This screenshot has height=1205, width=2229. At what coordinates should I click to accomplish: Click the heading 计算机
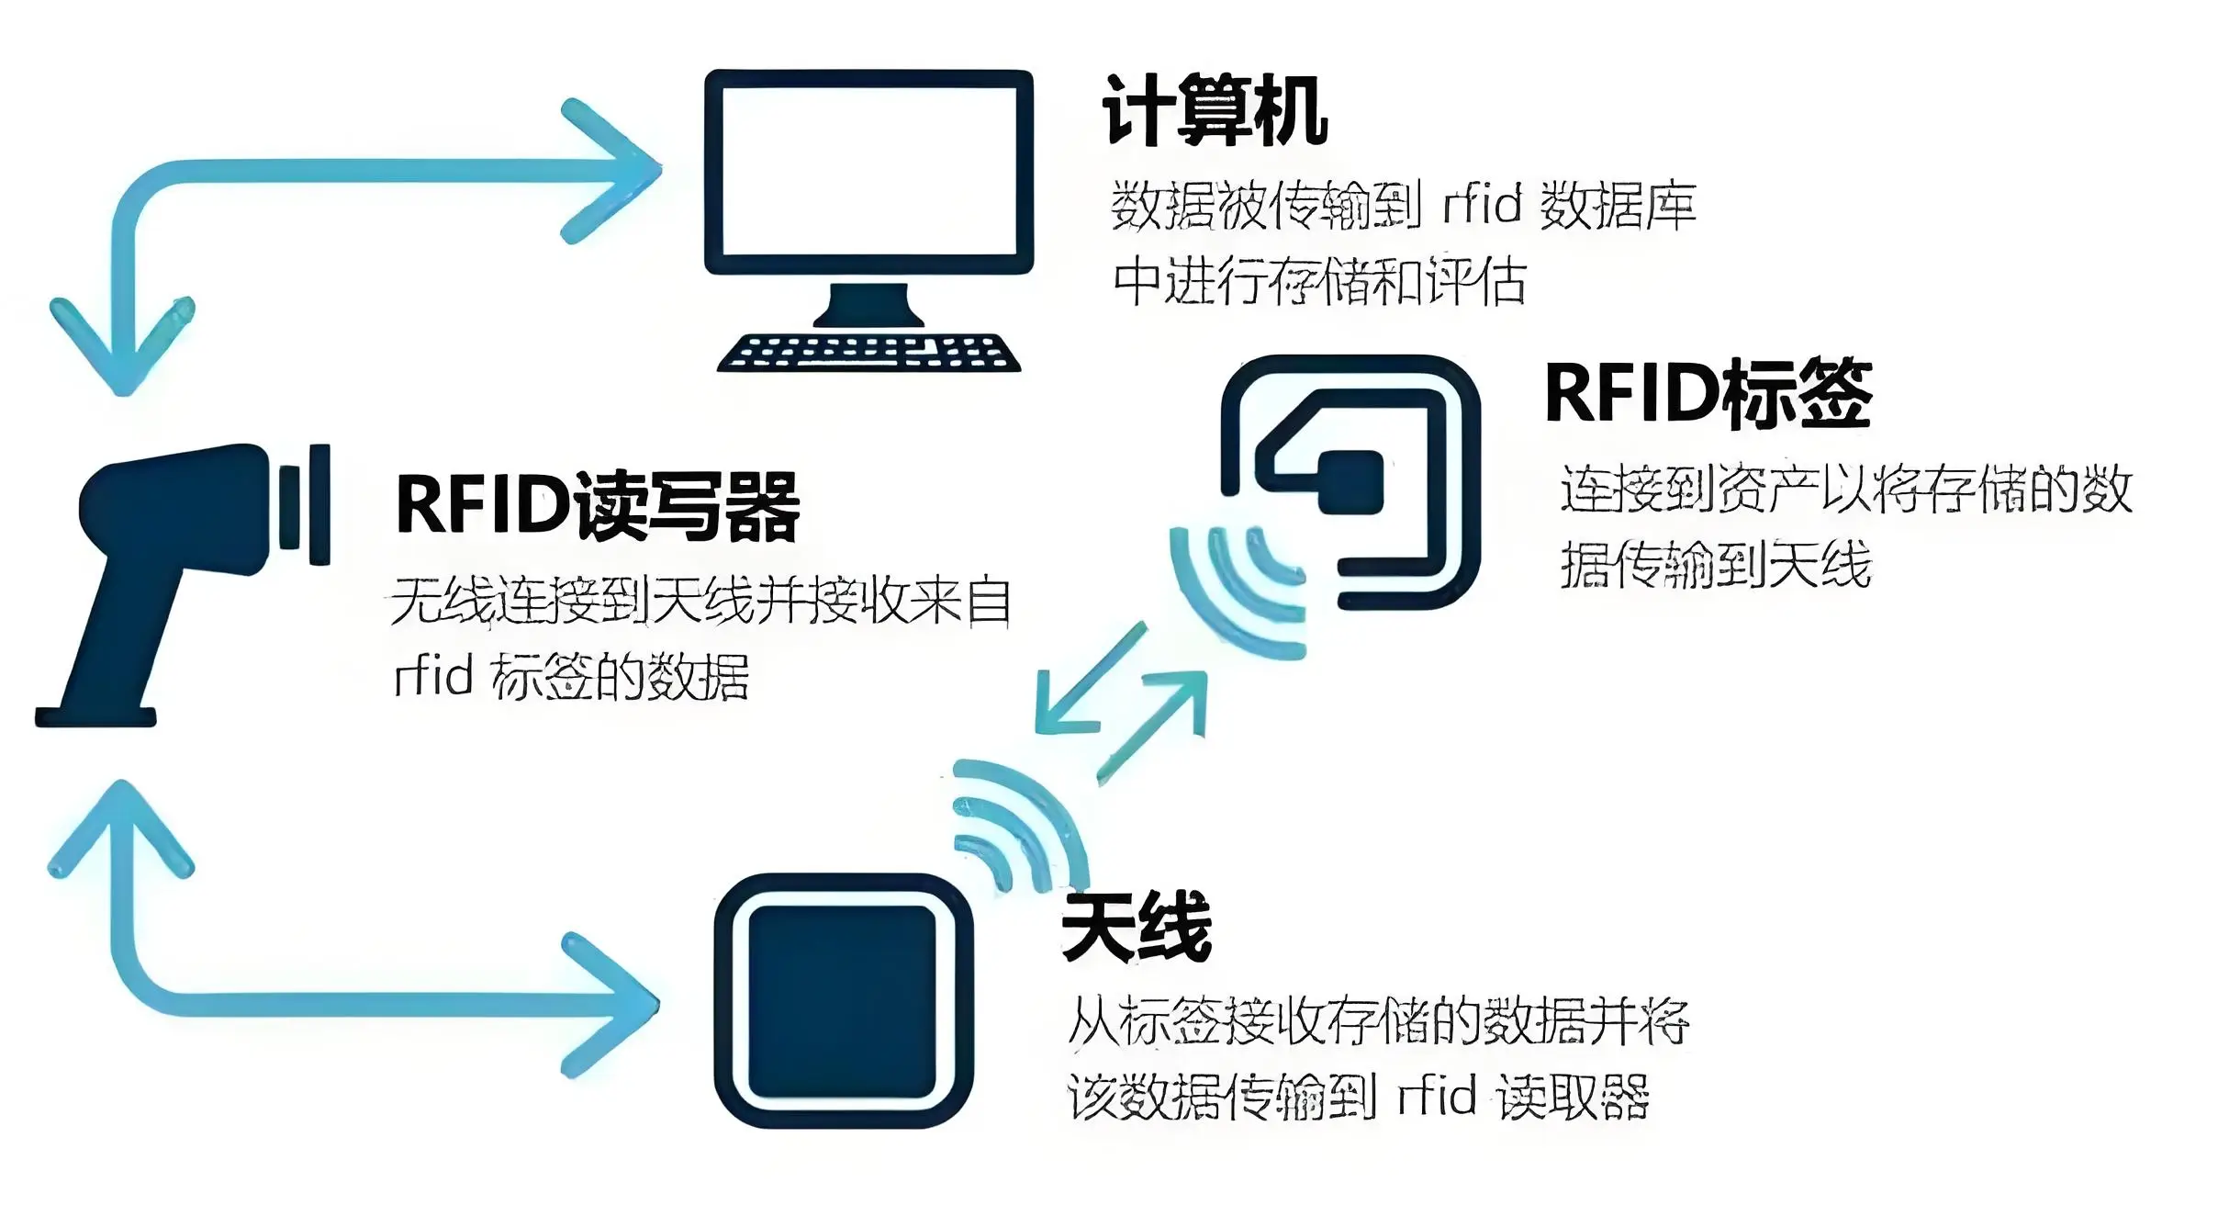(x=1214, y=111)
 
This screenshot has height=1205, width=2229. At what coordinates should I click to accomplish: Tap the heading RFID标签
(x=1708, y=394)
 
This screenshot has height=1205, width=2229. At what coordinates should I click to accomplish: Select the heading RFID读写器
(x=597, y=506)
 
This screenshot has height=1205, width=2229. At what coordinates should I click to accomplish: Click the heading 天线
(x=1137, y=927)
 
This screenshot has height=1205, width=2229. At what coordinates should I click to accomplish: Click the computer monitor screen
(x=868, y=171)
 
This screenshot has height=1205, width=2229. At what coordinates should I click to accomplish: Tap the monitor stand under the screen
(x=868, y=306)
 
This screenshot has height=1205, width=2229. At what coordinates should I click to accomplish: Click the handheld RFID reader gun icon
(x=184, y=551)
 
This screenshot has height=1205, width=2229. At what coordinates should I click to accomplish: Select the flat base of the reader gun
(x=95, y=716)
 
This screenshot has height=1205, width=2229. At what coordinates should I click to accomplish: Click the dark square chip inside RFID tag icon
(x=1350, y=482)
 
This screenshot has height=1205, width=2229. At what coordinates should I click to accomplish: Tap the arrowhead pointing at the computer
(x=615, y=171)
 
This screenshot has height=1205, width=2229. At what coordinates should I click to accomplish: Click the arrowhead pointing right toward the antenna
(x=613, y=1005)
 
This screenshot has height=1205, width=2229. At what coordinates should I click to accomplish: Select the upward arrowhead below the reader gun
(x=122, y=827)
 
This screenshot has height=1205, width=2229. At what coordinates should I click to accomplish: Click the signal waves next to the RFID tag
(x=1235, y=588)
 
